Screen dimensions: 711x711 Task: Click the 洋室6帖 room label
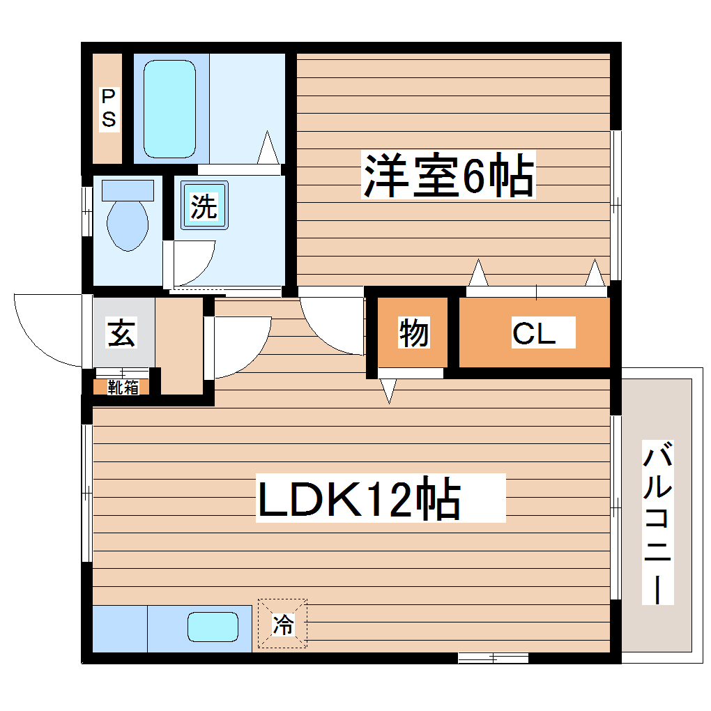[448, 175]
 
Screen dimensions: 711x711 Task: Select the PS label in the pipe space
[109, 108]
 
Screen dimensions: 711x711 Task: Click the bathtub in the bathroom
[169, 108]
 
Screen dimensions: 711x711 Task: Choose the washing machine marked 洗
[204, 206]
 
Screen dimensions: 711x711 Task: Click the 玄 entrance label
[121, 334]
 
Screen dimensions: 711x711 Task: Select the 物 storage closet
[413, 333]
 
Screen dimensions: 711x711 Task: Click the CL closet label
[535, 333]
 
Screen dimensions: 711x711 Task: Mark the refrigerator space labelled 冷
[282, 624]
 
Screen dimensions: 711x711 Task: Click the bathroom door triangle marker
[268, 147]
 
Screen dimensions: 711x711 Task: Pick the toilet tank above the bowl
[128, 189]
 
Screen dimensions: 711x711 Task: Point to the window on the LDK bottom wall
[493, 657]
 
